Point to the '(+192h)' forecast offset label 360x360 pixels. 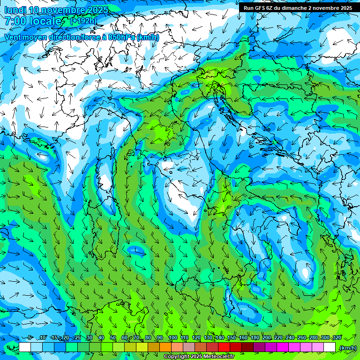83,21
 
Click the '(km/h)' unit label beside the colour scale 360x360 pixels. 348,348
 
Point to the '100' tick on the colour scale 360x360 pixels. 172,337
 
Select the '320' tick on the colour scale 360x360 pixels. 337,337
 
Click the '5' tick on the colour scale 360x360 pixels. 30,337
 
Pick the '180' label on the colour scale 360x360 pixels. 255,337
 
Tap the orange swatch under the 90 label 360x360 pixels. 165,347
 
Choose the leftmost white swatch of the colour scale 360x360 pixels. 25,347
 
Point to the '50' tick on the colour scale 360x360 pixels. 113,337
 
